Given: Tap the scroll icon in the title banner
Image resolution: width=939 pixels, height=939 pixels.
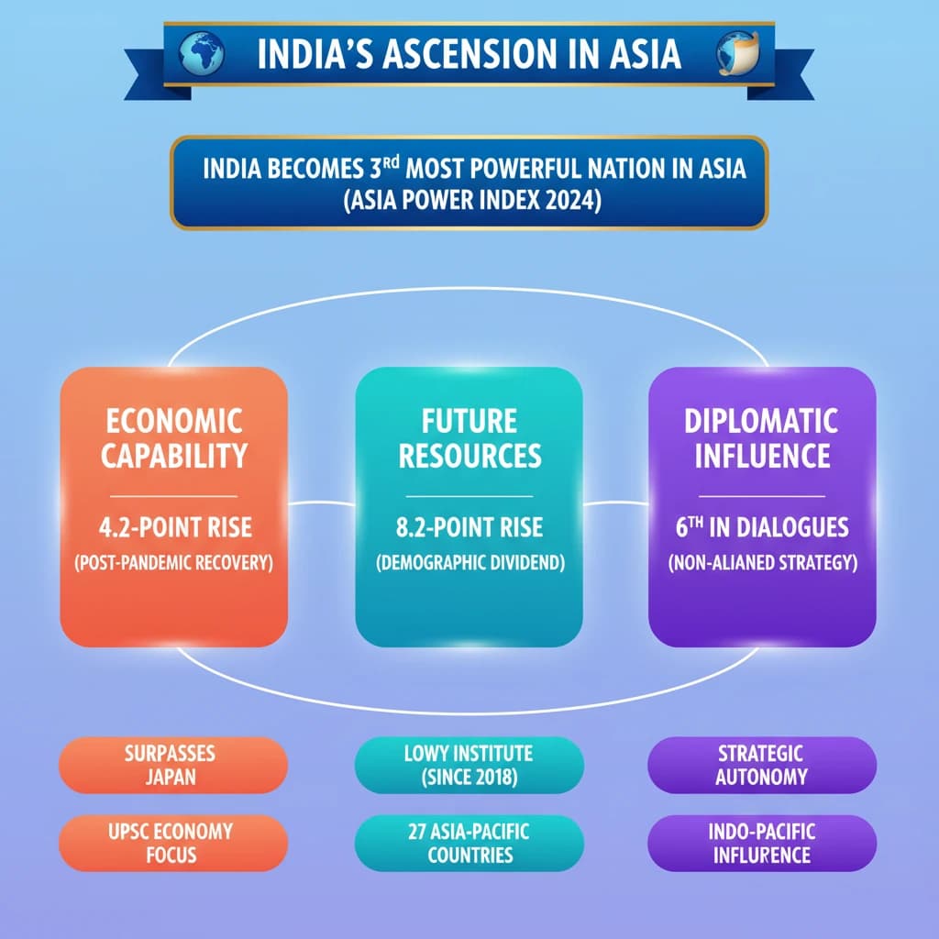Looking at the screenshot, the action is click(736, 52).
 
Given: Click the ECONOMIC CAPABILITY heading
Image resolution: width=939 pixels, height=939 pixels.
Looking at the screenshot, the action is click(173, 438).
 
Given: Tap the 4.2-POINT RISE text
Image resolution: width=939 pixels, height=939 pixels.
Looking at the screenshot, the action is click(173, 527).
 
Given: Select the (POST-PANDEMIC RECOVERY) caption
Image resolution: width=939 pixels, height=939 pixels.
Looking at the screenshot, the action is click(173, 562).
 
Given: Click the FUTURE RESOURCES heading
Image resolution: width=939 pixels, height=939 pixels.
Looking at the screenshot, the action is click(469, 438).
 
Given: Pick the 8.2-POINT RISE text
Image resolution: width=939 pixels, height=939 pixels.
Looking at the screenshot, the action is click(469, 527).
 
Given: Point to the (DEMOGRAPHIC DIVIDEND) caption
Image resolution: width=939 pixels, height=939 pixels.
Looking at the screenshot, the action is click(469, 562).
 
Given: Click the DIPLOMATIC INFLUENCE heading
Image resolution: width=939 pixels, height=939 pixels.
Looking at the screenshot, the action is click(762, 438).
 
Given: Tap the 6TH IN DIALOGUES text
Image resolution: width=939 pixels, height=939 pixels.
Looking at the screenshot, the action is click(762, 527).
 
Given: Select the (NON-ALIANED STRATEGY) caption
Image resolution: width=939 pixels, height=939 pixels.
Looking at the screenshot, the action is click(762, 562).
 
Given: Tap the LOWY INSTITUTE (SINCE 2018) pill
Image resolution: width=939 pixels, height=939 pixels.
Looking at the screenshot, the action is click(469, 765).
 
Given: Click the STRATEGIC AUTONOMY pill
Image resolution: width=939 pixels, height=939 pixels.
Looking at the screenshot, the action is click(762, 765).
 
